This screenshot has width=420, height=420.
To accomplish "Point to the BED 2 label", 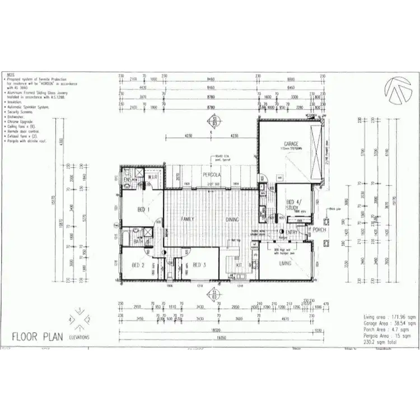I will tap(138, 265).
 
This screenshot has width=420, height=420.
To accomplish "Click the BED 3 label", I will tap(200, 265).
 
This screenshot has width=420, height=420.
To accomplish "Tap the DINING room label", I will tap(232, 219).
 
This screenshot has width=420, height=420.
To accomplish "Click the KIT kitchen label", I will tap(239, 265).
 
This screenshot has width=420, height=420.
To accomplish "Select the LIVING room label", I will tap(286, 263).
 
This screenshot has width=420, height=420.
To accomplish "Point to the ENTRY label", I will tap(292, 232).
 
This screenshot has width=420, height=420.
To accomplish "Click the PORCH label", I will tap(320, 230).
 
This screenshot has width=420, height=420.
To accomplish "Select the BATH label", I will tap(138, 241).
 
